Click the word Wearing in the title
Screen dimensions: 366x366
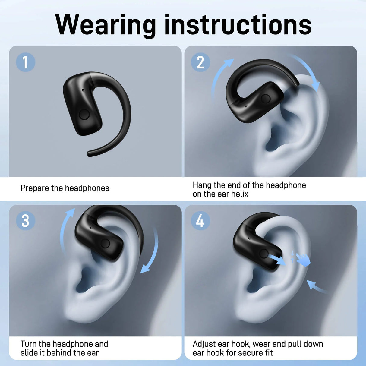click(106, 25)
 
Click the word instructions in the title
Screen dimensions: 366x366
click(238, 25)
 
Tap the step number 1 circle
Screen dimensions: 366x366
click(25, 62)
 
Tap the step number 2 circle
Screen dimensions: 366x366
click(200, 62)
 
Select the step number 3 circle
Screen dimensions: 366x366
click(25, 221)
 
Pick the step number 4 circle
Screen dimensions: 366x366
click(200, 221)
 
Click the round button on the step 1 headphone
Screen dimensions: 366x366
click(84, 115)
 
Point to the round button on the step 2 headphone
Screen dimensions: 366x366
click(266, 98)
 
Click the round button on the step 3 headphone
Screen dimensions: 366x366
click(105, 243)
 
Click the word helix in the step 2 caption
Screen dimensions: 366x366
click(240, 194)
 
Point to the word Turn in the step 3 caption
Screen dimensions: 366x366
click(28, 344)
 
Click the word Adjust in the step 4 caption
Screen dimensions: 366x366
click(204, 344)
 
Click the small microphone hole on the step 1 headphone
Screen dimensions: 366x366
click(83, 90)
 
